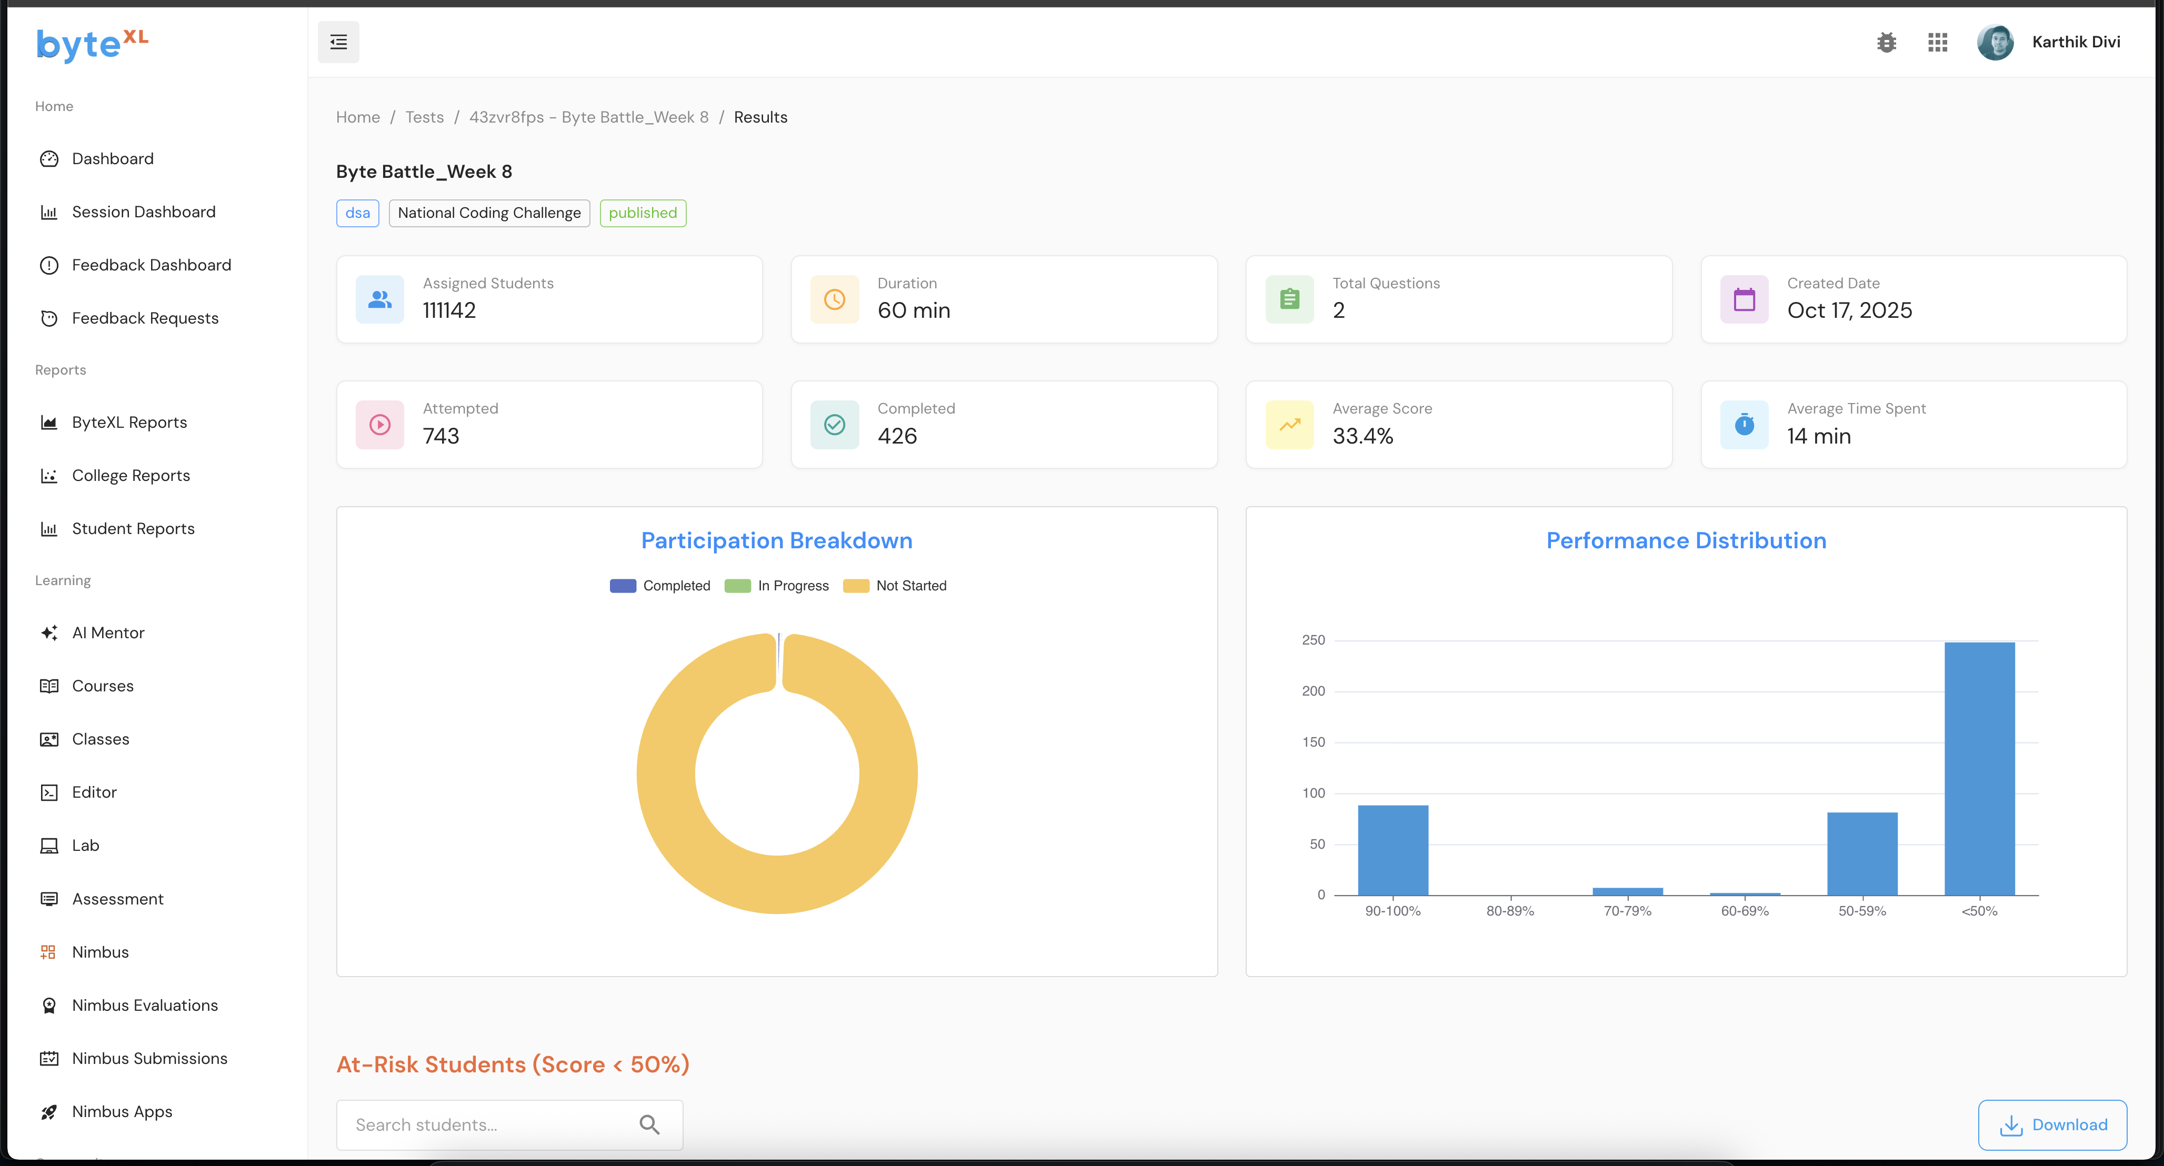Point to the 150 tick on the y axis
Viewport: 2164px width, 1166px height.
coord(1313,742)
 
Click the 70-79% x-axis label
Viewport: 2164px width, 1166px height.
coord(1627,911)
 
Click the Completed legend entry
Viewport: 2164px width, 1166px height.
coord(660,586)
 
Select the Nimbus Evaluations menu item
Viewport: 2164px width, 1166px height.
coord(145,1004)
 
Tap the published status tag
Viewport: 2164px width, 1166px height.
coord(643,213)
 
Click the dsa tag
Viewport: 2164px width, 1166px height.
coord(357,213)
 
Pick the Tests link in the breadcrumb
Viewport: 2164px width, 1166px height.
coord(424,117)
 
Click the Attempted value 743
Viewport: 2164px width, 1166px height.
coord(441,436)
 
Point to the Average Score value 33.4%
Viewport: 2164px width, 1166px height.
coord(1362,436)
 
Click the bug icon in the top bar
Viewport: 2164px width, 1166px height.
coord(1887,42)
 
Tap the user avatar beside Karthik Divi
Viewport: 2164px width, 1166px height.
coord(1995,42)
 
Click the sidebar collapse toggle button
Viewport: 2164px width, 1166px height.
coord(338,42)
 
